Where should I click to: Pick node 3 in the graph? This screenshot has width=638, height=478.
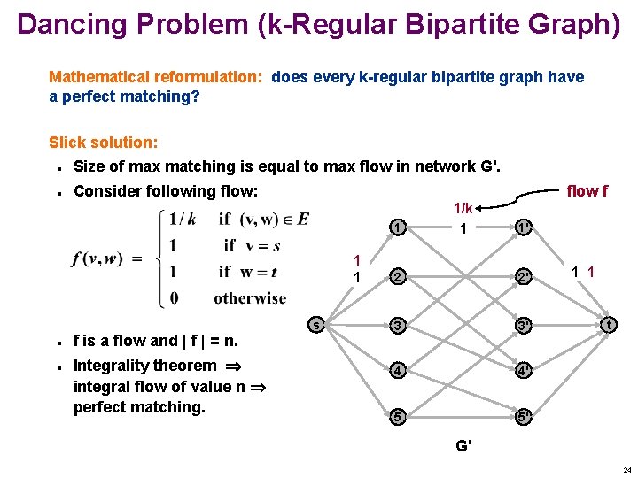[400, 326]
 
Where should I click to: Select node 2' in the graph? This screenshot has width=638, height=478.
[524, 277]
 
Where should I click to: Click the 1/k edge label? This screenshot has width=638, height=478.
[463, 209]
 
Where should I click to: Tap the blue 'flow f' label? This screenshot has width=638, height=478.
[587, 190]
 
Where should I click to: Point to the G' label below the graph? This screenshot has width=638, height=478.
[463, 445]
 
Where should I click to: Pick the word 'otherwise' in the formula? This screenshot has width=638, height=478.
[250, 298]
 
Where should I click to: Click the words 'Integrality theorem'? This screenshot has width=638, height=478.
[144, 366]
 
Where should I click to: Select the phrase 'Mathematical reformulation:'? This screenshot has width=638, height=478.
[156, 77]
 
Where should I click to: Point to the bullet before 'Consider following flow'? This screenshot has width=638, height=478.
[57, 191]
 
